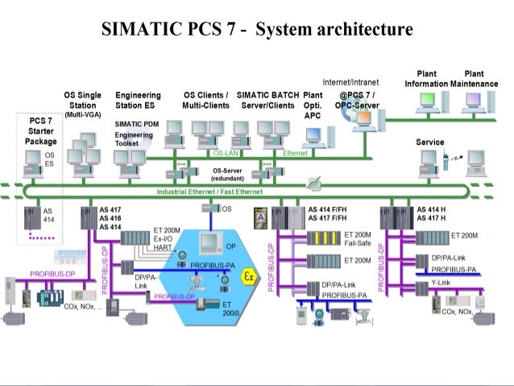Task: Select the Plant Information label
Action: click(x=425, y=79)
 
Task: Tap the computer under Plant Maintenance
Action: click(x=473, y=102)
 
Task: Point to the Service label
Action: click(x=429, y=142)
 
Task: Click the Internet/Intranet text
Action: click(x=350, y=83)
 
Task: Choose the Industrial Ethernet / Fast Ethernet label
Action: click(x=209, y=191)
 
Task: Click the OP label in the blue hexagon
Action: click(x=230, y=246)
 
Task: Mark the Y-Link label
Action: click(x=441, y=282)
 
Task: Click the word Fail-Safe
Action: click(x=358, y=243)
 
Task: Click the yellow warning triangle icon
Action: click(x=260, y=217)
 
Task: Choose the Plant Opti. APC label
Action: click(x=313, y=105)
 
